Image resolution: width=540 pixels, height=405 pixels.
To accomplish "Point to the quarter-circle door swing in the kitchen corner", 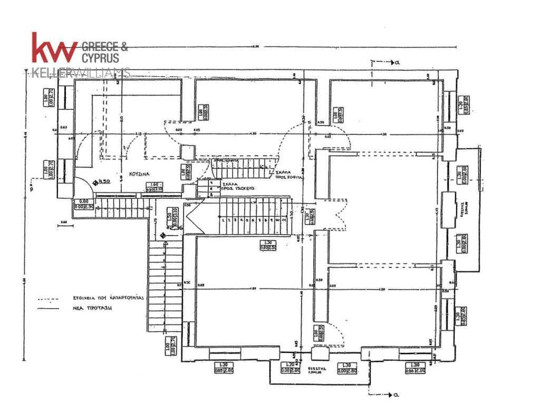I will (x=82, y=188).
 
